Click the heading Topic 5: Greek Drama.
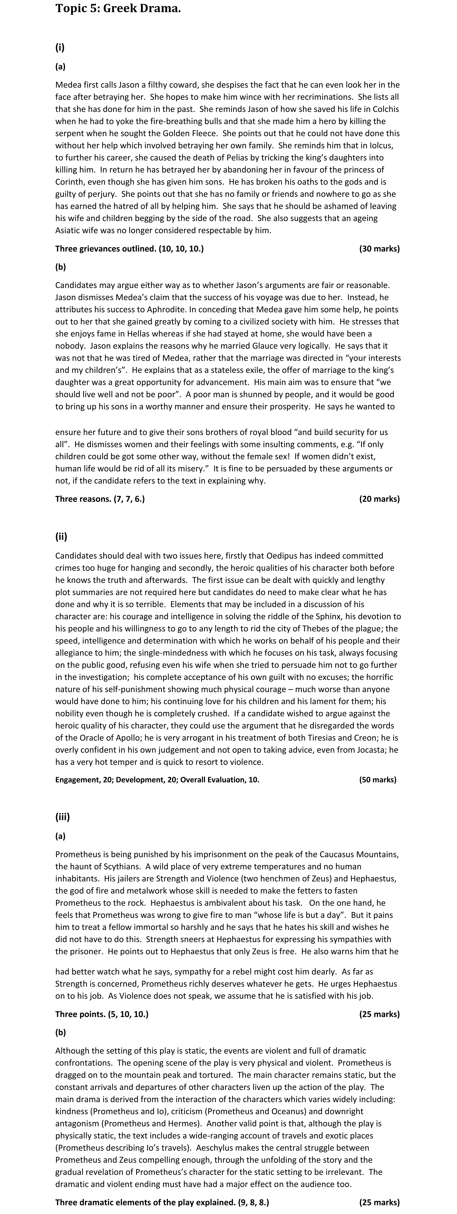118,9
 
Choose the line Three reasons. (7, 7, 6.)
100,499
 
